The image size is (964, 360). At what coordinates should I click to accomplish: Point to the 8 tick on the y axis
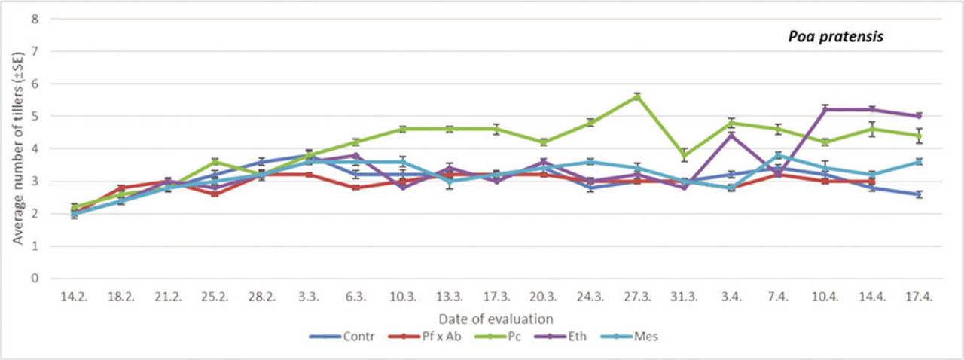[33, 19]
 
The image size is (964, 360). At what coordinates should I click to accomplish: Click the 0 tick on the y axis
[33, 279]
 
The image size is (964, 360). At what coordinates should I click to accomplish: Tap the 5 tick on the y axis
[33, 116]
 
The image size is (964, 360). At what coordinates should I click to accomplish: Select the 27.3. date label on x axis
[637, 298]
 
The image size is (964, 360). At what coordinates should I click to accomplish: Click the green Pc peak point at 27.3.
[637, 96]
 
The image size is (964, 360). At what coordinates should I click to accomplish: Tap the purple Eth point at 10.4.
[825, 109]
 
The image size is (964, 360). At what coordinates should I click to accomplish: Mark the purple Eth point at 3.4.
[731, 136]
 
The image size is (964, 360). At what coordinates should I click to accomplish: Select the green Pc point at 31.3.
[684, 155]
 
